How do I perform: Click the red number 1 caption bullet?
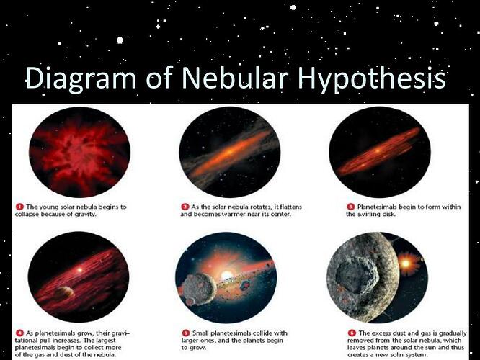19,207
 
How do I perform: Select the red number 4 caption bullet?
19,333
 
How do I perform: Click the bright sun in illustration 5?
226,274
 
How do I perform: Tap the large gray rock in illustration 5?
199,287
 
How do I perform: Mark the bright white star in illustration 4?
79,270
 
